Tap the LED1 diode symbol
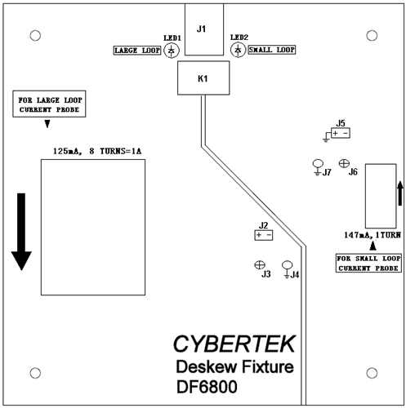[x=172, y=51]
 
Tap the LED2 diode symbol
[x=238, y=50]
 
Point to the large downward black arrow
[x=21, y=232]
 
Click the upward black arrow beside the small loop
[x=399, y=193]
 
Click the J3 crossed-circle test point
[x=260, y=264]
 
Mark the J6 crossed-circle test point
[x=344, y=163]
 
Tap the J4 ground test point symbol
[x=287, y=269]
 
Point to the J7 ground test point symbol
[x=318, y=167]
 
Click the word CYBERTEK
[x=234, y=344]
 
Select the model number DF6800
[x=207, y=387]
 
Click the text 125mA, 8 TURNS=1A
[x=97, y=151]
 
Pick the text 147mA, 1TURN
[x=373, y=235]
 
